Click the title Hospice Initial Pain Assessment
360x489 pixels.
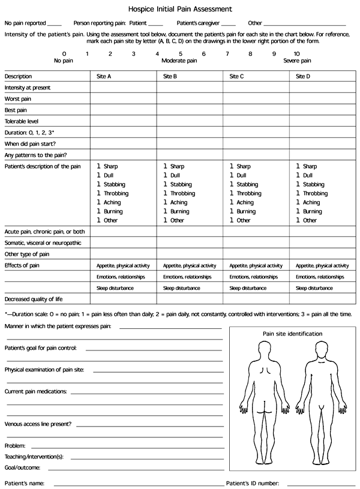pos(180,10)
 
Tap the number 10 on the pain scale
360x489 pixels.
pos(297,54)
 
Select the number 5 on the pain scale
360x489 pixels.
pos(181,54)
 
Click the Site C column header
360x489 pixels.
pos(238,76)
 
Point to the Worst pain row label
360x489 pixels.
pos(18,99)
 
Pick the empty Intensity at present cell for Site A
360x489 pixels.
pos(124,88)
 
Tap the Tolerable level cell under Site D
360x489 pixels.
pos(322,122)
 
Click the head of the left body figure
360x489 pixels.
pos(265,348)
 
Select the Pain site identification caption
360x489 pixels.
pos(292,334)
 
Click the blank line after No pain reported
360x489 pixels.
pos(54,23)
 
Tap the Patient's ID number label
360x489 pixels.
pos(253,482)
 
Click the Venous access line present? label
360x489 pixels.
pos(38,424)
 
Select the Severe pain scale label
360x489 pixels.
pos(297,61)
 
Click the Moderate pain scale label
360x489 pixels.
pos(179,61)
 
